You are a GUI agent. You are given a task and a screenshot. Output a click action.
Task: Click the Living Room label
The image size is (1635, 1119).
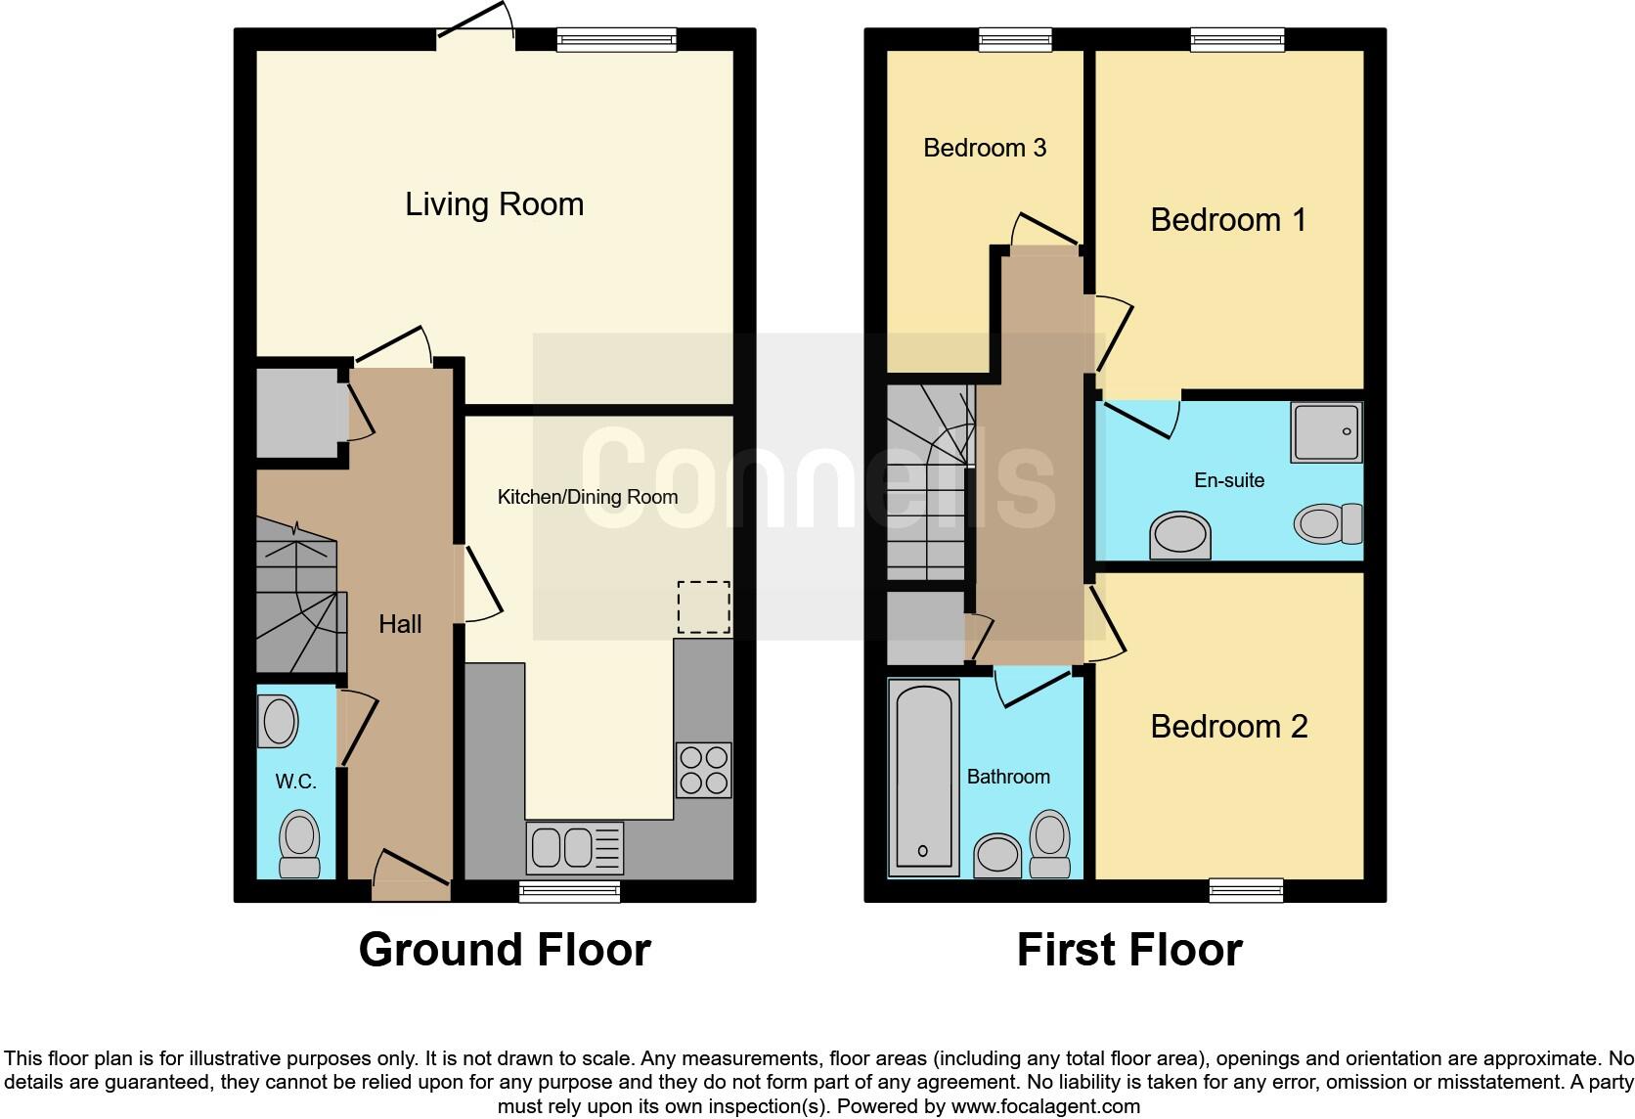point(494,204)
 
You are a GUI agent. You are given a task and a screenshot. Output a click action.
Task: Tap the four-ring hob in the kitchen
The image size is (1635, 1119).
point(703,770)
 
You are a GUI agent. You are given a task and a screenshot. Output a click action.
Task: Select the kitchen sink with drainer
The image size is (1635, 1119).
point(574,847)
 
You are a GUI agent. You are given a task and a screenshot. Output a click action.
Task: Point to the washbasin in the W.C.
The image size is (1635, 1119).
point(279,722)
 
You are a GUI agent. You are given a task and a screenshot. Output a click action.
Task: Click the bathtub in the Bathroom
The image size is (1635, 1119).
point(923,778)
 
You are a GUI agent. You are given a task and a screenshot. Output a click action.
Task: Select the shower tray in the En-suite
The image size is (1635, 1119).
point(1326,431)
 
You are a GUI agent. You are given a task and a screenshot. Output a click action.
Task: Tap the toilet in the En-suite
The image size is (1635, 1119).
point(1328,523)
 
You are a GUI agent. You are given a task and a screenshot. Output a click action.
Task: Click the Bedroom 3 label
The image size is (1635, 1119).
point(984,148)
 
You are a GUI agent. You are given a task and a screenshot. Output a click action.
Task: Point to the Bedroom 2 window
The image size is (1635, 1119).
point(1246,889)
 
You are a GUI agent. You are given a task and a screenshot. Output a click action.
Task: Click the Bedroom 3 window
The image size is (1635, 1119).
point(1016,39)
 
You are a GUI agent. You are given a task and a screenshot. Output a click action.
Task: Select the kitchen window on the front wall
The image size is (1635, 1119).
point(569,890)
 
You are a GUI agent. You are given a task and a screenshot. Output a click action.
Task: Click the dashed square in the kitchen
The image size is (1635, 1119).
point(703,607)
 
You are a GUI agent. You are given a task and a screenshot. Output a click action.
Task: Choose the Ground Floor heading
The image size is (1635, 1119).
point(504,950)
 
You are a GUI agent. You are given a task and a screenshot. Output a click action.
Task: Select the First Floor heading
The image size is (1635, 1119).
point(1128,950)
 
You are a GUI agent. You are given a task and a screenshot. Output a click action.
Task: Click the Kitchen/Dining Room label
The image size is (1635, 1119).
point(587,497)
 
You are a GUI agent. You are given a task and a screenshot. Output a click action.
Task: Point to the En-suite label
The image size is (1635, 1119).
point(1228,480)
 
